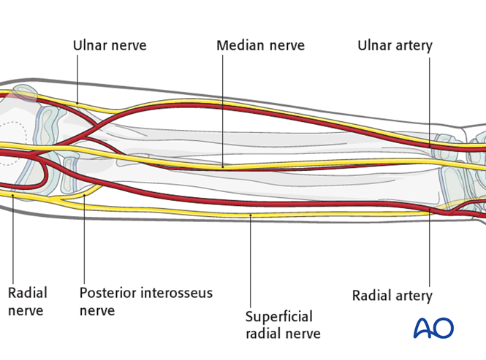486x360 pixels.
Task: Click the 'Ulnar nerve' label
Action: coord(110,45)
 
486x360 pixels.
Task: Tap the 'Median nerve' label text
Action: coord(260,45)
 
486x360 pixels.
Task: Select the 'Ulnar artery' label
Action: coord(395,45)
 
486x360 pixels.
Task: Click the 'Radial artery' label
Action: coord(392,296)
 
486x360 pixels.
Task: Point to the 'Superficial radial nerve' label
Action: coord(282,325)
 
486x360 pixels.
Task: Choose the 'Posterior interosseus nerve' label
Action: coord(146,302)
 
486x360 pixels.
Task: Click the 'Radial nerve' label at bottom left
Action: coord(27,302)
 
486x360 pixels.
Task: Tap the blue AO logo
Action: coord(433,328)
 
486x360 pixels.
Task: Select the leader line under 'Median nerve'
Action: coord(222,110)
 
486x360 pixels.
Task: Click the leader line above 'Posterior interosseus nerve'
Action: coord(84,241)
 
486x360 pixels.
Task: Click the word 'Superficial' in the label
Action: coord(279,317)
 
